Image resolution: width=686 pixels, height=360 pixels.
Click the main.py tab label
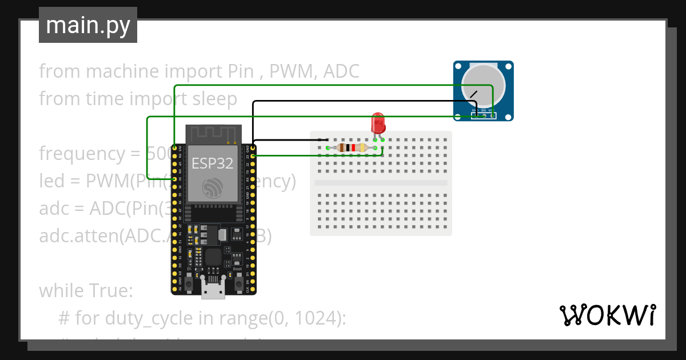[x=87, y=25]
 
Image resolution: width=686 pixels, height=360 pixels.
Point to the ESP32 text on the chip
[x=212, y=163]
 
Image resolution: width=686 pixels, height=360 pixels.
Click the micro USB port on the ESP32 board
[x=213, y=290]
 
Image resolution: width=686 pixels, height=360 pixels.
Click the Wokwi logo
[x=607, y=315]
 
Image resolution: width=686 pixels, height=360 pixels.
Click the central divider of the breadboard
[x=381, y=183]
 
